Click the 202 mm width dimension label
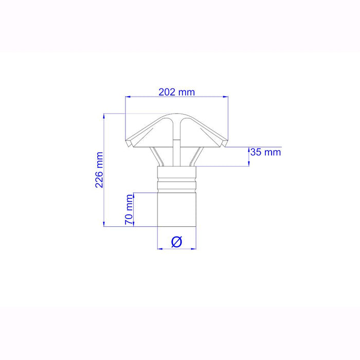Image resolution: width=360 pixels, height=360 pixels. pos(176,92)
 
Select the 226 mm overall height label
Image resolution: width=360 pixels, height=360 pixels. pos(100,170)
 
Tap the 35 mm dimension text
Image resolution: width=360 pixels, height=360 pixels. pos(265,152)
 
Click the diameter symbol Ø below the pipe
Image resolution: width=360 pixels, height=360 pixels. pos(176,241)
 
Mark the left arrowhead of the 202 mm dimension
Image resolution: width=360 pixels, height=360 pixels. pos(129,97)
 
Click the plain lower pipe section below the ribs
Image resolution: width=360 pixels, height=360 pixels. pos(176,208)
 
